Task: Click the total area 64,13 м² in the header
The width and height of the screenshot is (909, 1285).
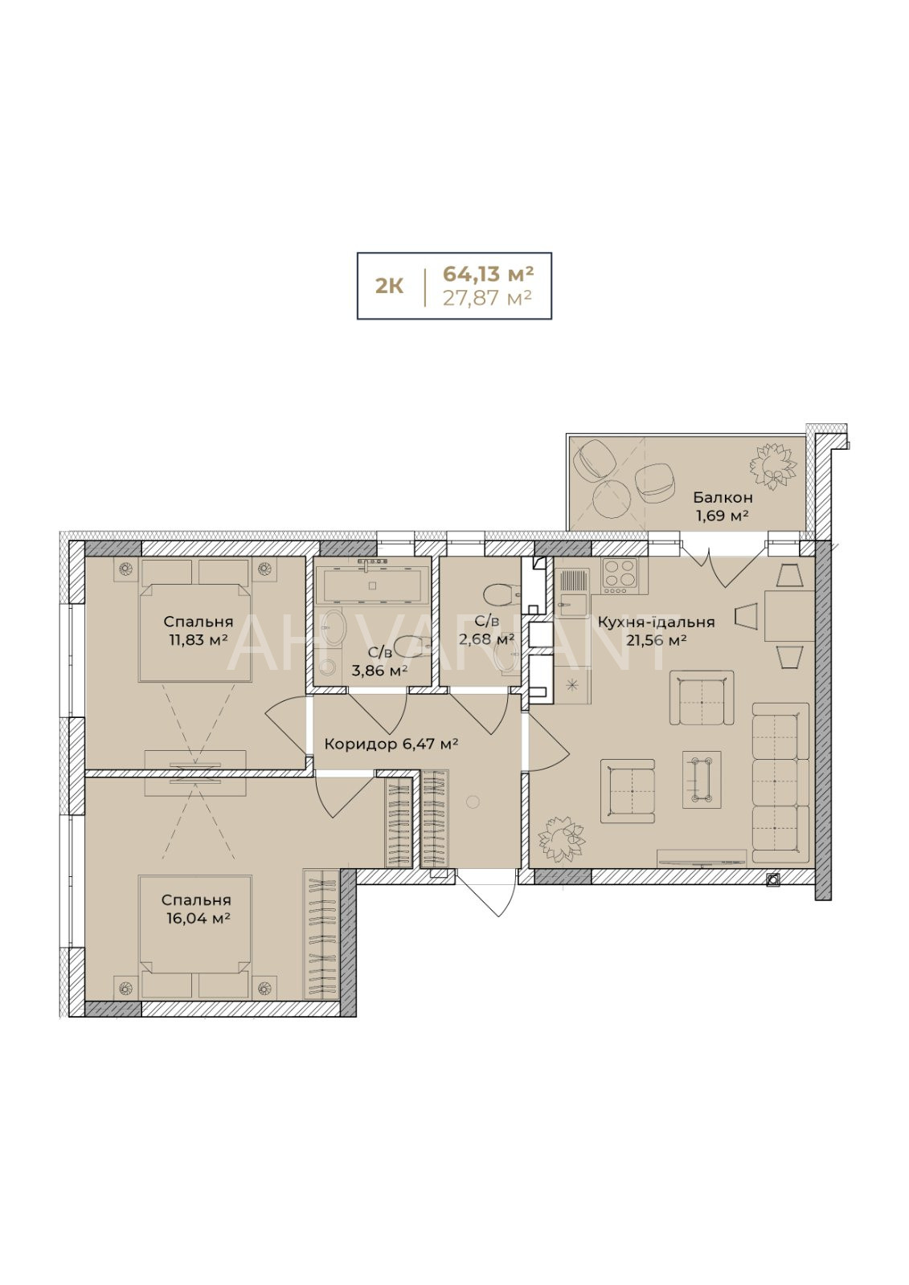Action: coord(488,274)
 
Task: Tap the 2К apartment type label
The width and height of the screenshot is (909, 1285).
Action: coord(389,286)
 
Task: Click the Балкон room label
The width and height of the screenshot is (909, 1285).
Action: coord(723,497)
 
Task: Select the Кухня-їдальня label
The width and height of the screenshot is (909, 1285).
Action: coord(657,622)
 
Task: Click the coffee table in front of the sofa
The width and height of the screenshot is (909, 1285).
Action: coord(701,780)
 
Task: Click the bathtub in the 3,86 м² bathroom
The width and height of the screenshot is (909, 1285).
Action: coord(372,585)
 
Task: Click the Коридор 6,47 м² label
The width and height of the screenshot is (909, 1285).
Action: coord(391,744)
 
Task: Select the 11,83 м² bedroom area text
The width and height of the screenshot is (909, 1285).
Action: coord(195,639)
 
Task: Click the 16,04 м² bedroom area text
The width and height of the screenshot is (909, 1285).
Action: coord(196,918)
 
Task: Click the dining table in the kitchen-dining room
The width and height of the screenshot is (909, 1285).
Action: coord(788,616)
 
